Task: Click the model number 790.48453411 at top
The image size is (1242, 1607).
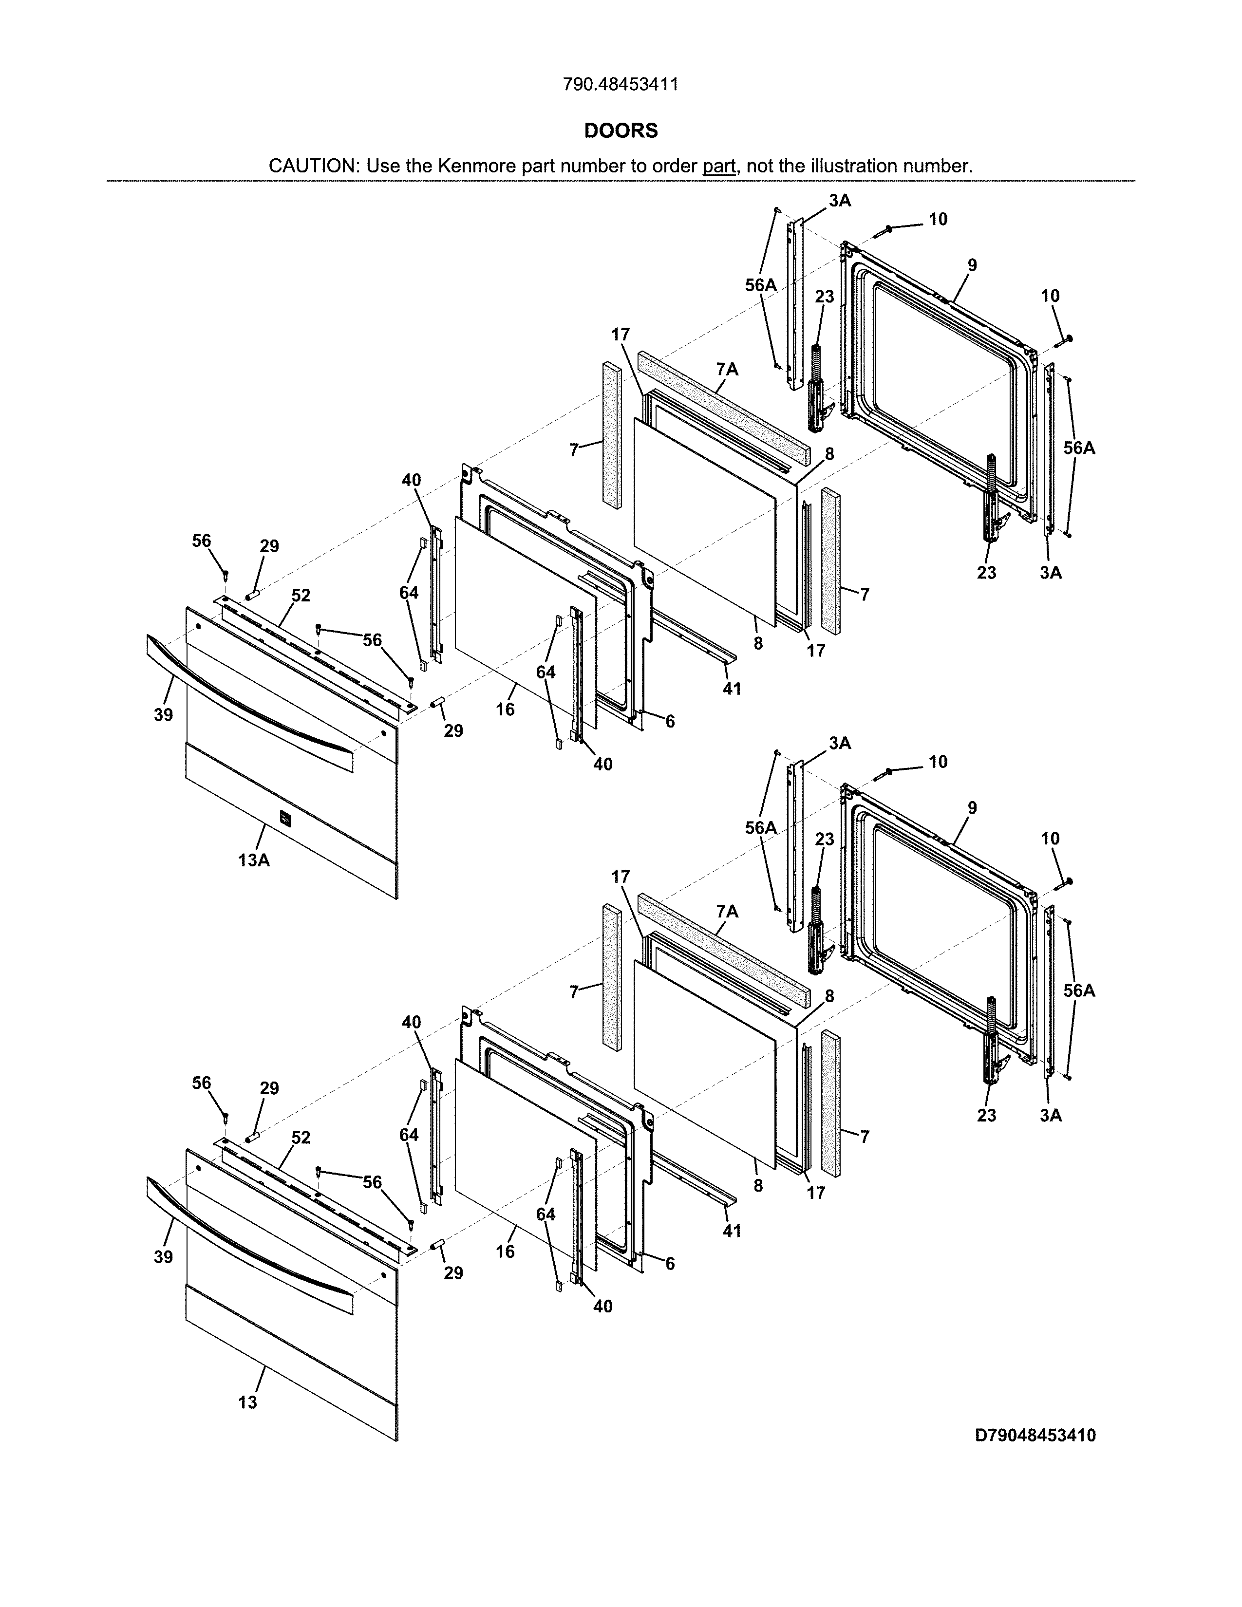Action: pyautogui.click(x=620, y=85)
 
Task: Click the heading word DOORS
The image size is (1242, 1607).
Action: pyautogui.click(x=620, y=131)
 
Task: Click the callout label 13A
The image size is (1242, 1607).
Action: pyautogui.click(x=254, y=860)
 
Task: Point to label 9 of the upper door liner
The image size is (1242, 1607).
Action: pyautogui.click(x=972, y=265)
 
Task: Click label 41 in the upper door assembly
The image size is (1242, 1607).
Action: pyautogui.click(x=732, y=689)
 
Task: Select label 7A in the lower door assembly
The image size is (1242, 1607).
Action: pyautogui.click(x=727, y=912)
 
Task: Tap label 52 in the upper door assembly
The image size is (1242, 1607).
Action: pyautogui.click(x=301, y=595)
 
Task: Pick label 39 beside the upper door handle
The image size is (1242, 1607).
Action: pyautogui.click(x=163, y=714)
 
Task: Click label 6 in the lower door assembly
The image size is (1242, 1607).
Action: pyautogui.click(x=670, y=1263)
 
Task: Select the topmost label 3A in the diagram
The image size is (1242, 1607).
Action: pyautogui.click(x=840, y=201)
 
